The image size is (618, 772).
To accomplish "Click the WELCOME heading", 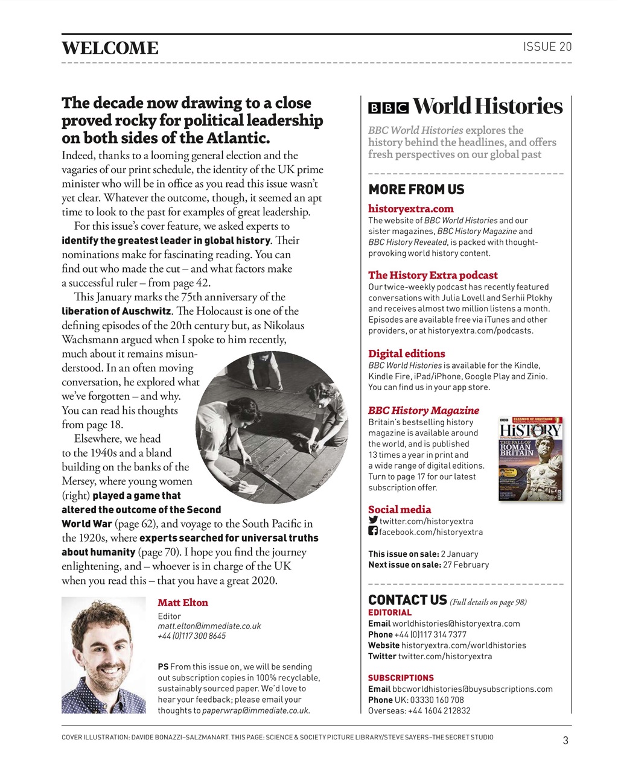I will (x=110, y=48).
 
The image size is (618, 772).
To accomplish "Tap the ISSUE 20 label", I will (x=547, y=47).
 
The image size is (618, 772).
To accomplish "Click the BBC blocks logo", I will (x=388, y=108).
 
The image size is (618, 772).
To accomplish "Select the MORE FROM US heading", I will (x=416, y=189).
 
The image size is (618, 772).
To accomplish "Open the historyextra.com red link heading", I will (x=410, y=209).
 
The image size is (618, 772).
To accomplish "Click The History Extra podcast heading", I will (x=433, y=275).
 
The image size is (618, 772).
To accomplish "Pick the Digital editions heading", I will (x=406, y=353).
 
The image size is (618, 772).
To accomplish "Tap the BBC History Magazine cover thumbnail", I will (x=530, y=458).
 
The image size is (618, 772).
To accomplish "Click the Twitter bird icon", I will (x=373, y=520).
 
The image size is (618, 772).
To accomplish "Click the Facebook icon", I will (x=373, y=531).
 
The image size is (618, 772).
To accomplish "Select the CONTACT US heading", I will (x=407, y=600).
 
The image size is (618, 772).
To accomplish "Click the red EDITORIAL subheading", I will (x=389, y=613).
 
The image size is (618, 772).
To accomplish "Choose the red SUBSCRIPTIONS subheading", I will (x=401, y=678).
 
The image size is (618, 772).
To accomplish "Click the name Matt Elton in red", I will (x=182, y=603).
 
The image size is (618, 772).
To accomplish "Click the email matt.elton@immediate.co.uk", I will (x=209, y=626).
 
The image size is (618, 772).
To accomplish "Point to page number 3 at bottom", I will (x=565, y=741).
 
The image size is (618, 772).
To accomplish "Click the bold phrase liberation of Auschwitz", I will (x=116, y=312).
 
